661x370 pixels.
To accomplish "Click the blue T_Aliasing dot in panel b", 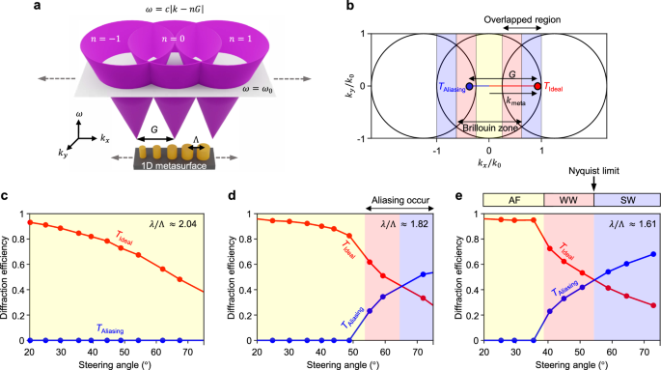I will pyautogui.click(x=469, y=87).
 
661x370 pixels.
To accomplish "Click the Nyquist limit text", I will pyautogui.click(x=592, y=179).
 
